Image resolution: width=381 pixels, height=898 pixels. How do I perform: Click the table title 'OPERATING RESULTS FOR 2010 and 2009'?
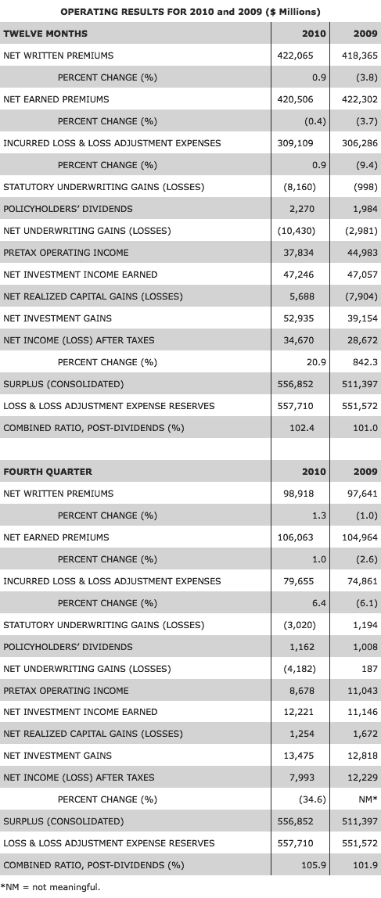pos(190,12)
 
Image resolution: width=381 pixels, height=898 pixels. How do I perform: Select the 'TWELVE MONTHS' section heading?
pos(45,34)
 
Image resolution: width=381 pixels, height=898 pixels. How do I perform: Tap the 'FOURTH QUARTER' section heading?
pos(48,472)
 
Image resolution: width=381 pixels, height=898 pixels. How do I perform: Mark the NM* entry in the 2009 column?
pos(365,799)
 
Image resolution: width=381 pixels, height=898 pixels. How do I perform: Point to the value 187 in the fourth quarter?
pos(368,669)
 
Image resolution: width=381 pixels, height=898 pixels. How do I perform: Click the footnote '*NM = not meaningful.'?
pos(51,887)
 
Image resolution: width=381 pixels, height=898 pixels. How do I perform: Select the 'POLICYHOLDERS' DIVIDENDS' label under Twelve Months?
pos(68,209)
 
